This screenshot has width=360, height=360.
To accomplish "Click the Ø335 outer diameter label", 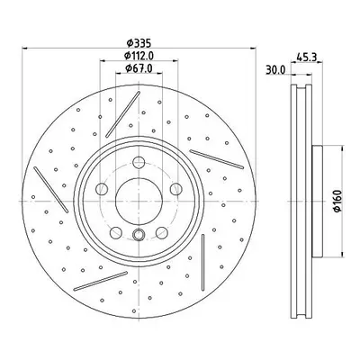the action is click(x=139, y=43).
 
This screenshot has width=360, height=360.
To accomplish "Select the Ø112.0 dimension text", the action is click(x=139, y=56).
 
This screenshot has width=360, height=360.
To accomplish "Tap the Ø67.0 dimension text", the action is click(x=139, y=68).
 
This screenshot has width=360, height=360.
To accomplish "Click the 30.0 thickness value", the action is click(x=276, y=69).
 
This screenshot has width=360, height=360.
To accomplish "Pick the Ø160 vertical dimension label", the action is click(x=337, y=201).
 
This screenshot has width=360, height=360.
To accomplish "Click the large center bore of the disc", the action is click(x=139, y=201).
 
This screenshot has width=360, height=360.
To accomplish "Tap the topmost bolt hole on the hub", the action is click(x=139, y=163).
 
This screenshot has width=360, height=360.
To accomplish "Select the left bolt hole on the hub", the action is click(x=102, y=188).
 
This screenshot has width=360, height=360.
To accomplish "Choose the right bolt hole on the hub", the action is click(x=175, y=188).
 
